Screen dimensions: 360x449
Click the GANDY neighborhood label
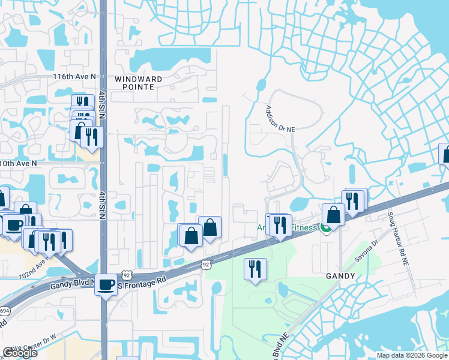[x=340, y=276]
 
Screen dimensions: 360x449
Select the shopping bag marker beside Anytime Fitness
[x=333, y=214]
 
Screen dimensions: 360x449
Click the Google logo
[x=20, y=353]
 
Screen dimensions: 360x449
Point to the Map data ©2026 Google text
[x=412, y=355]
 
